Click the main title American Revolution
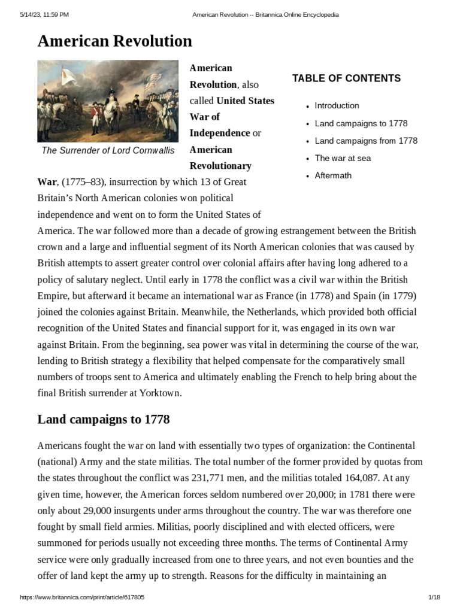pos(114,41)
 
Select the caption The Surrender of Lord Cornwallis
pos(108,150)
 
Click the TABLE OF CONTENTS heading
pos(346,78)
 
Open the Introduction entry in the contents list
pos(337,105)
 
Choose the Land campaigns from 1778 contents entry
pos(366,141)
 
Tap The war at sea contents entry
pos(342,158)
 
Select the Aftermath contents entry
pos(333,175)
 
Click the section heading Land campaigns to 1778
pos(104,419)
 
